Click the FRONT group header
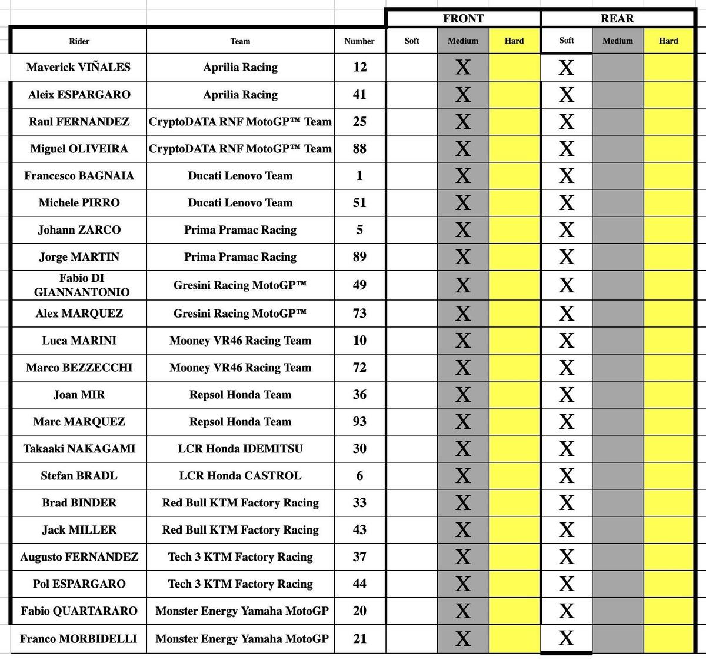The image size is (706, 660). point(463,18)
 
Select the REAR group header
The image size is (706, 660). point(617,18)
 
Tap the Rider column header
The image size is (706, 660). point(79,41)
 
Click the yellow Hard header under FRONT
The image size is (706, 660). point(514,41)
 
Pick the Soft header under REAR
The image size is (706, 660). point(567,41)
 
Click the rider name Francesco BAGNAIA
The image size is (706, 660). point(79,175)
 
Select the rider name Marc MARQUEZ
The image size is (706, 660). point(79,421)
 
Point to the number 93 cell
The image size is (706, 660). point(359,421)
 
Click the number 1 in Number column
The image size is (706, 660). point(359,175)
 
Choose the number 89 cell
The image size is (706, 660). point(359,256)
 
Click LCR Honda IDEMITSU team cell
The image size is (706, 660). point(240,448)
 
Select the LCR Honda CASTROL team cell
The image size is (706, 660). point(240,475)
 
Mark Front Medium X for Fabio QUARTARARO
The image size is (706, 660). point(463,611)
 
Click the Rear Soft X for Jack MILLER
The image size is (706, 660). point(566,530)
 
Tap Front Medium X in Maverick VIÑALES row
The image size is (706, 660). point(463,68)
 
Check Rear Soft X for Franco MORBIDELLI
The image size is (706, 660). point(566,638)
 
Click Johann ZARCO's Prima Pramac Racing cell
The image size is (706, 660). point(240,229)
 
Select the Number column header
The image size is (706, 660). point(359,41)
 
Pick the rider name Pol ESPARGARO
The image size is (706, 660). point(79,584)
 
